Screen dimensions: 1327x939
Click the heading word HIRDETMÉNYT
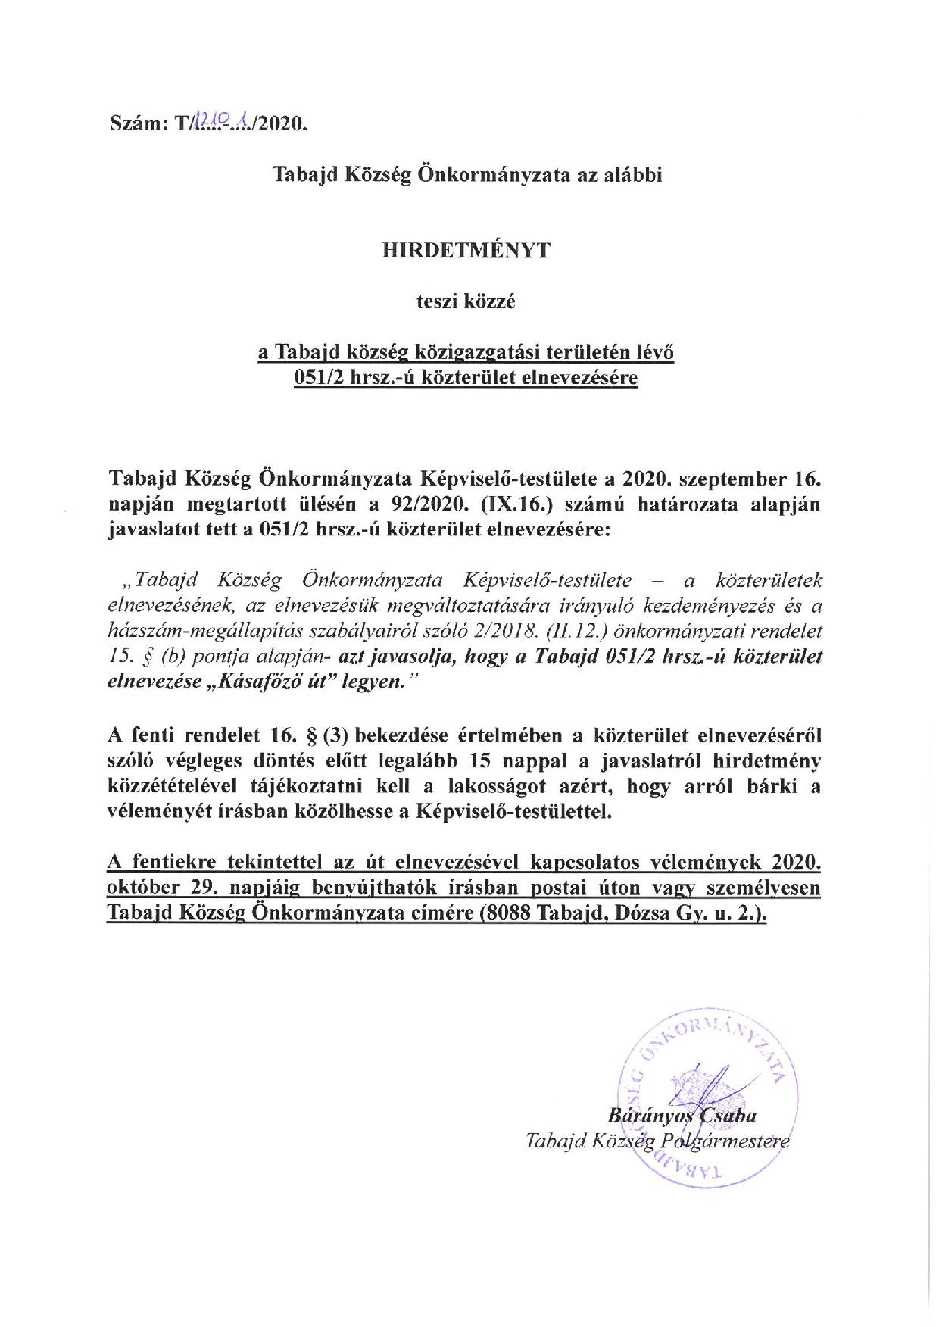point(466,251)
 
